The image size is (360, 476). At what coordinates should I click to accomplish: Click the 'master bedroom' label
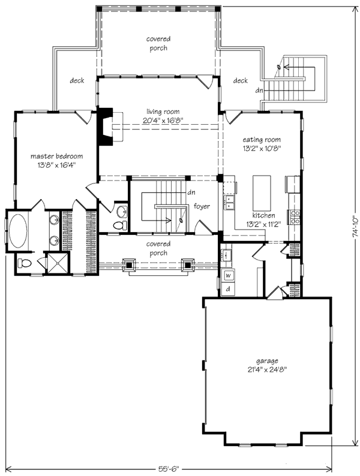pos(57,156)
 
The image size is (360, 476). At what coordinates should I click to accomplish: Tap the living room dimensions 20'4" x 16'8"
pos(163,120)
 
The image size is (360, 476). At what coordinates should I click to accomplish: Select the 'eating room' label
pos(262,140)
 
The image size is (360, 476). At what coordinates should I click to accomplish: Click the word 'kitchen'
pos(263,215)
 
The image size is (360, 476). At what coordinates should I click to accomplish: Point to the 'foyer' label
pos(202,206)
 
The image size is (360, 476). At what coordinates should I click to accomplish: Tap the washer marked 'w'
pos(229,276)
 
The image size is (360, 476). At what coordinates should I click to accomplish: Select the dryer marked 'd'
pos(228,290)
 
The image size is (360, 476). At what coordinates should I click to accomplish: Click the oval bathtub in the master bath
pos(18,230)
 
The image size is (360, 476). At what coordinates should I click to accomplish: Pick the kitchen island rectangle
pos(262,190)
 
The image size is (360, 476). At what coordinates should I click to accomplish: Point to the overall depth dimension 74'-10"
pos(355,226)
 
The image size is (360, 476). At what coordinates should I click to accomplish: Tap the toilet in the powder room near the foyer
pos(121,225)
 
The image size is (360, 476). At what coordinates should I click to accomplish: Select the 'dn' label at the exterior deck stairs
pos(259,90)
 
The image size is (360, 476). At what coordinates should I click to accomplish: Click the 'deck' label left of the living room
pos(77,80)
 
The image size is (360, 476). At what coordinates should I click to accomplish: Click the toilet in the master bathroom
pos(25,263)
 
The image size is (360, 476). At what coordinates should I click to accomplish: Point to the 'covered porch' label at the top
pos(158,43)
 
